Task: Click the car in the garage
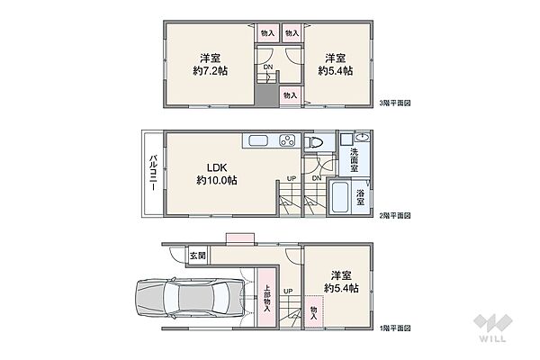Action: click(190, 297)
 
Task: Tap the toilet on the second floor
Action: click(313, 142)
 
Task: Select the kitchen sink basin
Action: click(258, 141)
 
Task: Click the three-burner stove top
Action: click(287, 140)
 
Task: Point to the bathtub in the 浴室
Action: click(340, 197)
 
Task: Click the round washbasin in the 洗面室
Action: click(362, 138)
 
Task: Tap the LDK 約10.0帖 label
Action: click(217, 174)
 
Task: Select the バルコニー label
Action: click(154, 174)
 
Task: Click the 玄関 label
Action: click(198, 256)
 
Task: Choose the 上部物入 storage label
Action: click(267, 299)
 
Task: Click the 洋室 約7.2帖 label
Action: click(210, 65)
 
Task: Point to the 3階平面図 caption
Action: click(395, 103)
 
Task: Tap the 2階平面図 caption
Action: click(395, 216)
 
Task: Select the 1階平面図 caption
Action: click(395, 328)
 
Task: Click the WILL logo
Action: click(493, 328)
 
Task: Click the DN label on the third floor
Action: click(268, 67)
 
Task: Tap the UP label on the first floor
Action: click(288, 291)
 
